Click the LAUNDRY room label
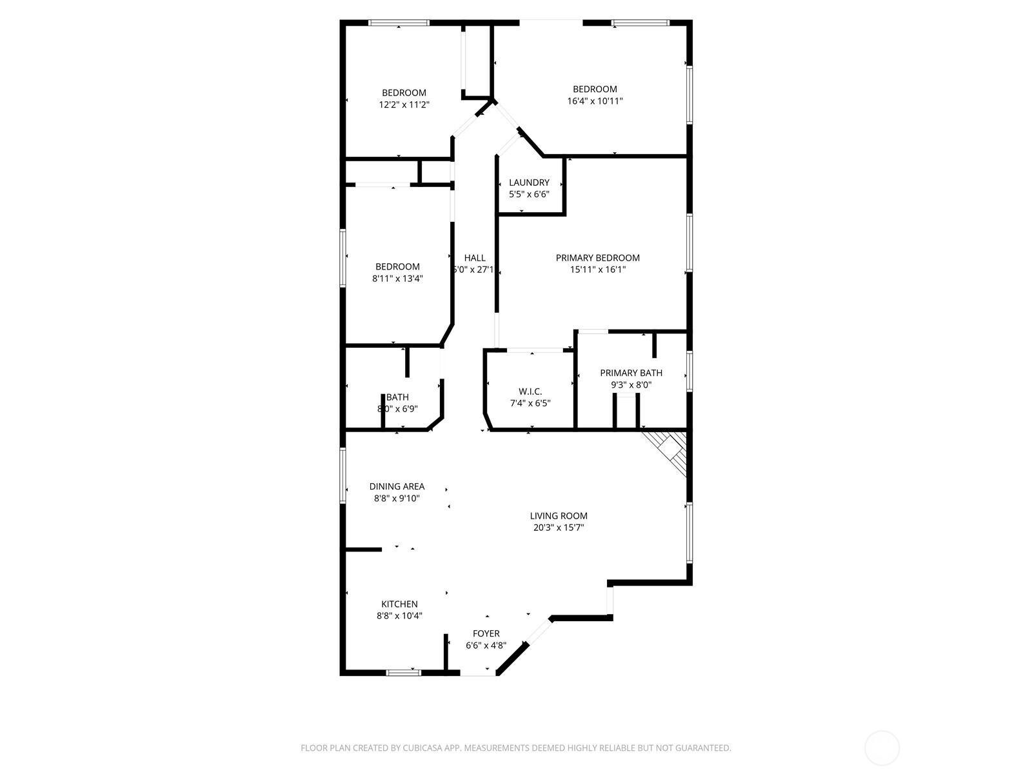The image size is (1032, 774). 529,183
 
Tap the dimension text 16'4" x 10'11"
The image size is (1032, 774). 595,101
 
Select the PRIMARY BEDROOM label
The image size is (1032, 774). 597,258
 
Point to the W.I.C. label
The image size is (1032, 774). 530,392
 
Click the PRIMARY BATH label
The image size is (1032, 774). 631,373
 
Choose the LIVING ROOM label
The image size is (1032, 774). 559,516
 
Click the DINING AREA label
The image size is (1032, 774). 397,486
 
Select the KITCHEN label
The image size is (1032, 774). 399,604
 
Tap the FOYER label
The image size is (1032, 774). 486,633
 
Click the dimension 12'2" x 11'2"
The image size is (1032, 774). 404,104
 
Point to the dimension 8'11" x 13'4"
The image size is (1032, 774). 397,279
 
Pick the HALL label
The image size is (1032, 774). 475,258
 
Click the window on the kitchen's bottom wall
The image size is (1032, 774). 403,673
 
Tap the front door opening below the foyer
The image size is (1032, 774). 478,674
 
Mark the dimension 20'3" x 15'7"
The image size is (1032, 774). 559,528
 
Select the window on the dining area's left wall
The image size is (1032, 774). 343,475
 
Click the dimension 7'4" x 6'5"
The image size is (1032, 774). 530,404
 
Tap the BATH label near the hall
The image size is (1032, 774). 397,397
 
